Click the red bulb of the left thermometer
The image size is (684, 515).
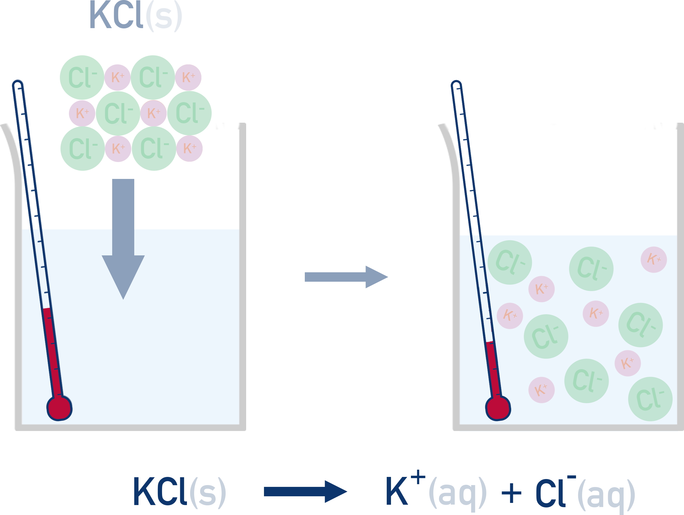pos(59,408)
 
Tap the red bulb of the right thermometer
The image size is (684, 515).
pos(498,408)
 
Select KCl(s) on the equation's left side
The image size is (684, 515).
pos(179,491)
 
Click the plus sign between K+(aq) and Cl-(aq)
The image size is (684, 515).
pos(511,493)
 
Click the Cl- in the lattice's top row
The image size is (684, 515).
pos(153,77)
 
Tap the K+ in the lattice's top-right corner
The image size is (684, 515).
pos(188,77)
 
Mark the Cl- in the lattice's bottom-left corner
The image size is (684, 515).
pos(83,149)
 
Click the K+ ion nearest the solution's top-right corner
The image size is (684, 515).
pos(654,260)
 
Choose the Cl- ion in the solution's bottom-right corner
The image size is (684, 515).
pos(650,399)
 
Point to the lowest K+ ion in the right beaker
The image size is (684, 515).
pos(542,390)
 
